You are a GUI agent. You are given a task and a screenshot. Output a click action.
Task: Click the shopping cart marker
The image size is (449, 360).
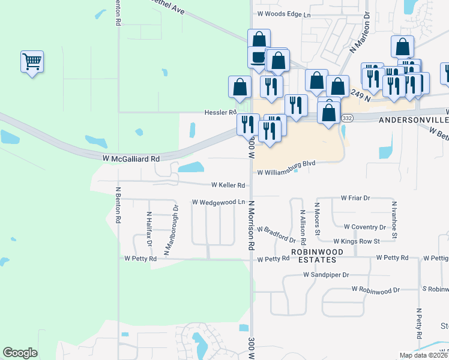pos(32,61)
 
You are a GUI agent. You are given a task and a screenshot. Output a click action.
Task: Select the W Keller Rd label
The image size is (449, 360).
pos(228,185)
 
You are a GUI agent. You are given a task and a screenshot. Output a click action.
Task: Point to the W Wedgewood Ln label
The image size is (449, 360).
pos(218,202)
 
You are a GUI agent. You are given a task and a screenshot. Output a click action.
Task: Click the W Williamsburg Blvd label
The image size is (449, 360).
pos(286,172)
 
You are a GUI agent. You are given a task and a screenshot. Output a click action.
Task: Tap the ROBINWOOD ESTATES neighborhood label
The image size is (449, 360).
pos(313,256)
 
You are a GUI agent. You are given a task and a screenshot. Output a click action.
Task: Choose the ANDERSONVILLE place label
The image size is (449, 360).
pos(414,120)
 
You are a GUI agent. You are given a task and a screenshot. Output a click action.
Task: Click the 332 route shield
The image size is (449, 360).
pos(347,118)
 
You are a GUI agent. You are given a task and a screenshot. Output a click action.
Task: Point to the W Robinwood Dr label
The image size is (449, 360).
pos(376,289)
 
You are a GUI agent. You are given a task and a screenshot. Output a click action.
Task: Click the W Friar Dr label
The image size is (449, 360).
pos(355,197)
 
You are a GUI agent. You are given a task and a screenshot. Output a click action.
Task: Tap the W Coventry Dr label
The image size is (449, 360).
pos(365,227)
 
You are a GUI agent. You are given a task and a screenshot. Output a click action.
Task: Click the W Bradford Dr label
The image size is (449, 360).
pos(276,230)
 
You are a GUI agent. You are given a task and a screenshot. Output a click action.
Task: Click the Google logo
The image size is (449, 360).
pos(20,353)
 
